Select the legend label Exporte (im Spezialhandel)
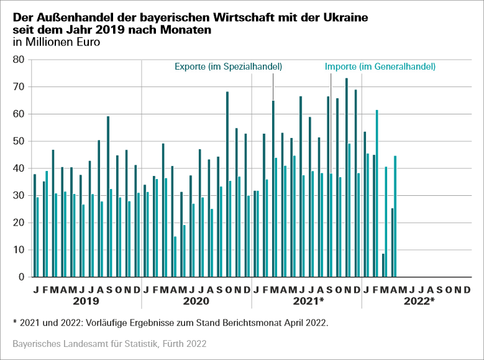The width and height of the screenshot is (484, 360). pyautogui.click(x=228, y=67)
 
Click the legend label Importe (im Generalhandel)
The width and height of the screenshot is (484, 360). pyautogui.click(x=380, y=67)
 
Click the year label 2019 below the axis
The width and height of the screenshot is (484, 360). pyautogui.click(x=86, y=301)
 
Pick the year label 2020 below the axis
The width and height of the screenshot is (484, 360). pyautogui.click(x=196, y=301)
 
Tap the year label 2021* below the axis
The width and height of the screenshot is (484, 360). pyautogui.click(x=308, y=301)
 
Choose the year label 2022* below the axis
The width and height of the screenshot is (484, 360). pyautogui.click(x=418, y=301)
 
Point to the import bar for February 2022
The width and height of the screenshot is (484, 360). pyautogui.click(x=377, y=193)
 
